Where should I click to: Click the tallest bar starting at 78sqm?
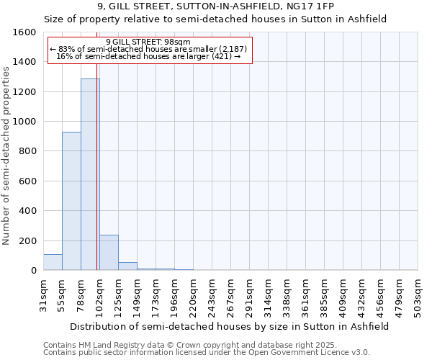point(90,174)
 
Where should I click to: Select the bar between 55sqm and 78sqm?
point(71,201)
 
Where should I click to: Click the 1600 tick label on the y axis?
point(24,32)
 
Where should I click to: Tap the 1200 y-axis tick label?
point(24,92)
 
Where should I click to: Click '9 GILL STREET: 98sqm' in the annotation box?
point(148,42)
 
